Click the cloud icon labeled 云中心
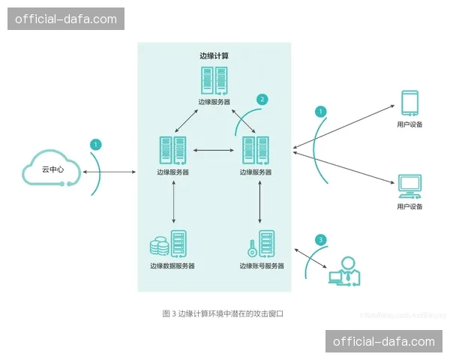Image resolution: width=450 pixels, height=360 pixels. pyautogui.click(x=49, y=169)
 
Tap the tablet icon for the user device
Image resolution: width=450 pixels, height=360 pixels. pyautogui.click(x=409, y=102)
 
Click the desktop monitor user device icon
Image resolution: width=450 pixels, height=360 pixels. pyautogui.click(x=409, y=184)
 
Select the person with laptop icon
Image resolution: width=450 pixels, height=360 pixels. pyautogui.click(x=346, y=271)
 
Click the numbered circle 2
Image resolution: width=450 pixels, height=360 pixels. pyautogui.click(x=262, y=99)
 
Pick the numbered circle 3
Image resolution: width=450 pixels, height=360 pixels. pyautogui.click(x=321, y=241)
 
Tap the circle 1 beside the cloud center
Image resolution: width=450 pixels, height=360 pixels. pyautogui.click(x=95, y=143)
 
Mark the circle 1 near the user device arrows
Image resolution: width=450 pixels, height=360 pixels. pyautogui.click(x=321, y=111)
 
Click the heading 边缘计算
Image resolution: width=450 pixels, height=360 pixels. pyautogui.click(x=214, y=55)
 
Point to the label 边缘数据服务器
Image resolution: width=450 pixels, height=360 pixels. pyautogui.click(x=172, y=265)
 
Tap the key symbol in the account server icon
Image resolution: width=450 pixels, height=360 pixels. pyautogui.click(x=250, y=246)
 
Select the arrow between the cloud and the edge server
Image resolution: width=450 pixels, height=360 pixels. pyautogui.click(x=109, y=172)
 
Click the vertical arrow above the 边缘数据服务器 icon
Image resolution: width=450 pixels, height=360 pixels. pyautogui.click(x=173, y=202)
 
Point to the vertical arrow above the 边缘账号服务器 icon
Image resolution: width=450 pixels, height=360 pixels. pyautogui.click(x=260, y=202)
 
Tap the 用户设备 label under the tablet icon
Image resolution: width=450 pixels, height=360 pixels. pyautogui.click(x=409, y=124)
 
